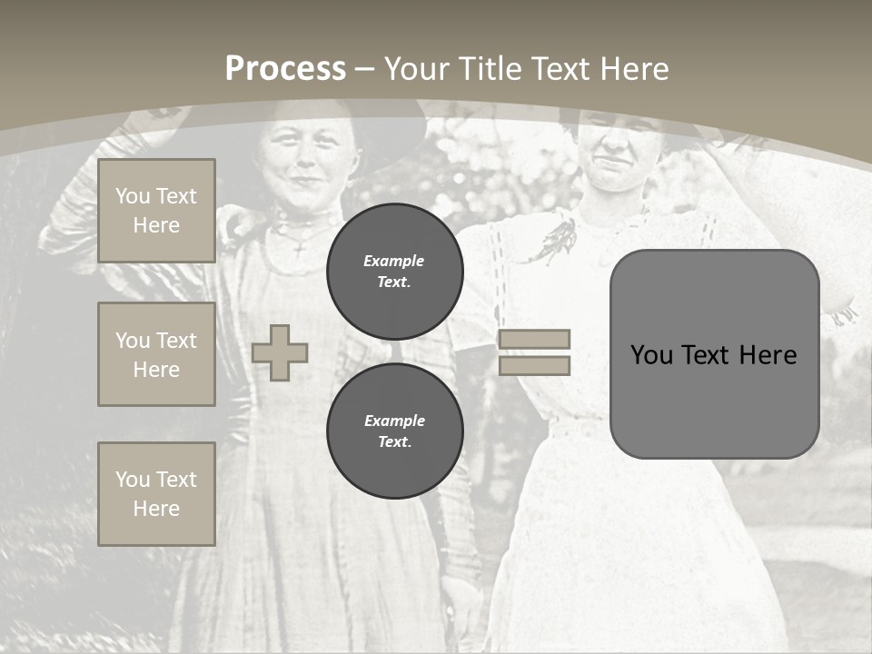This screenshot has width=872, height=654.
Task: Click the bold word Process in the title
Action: coord(285,69)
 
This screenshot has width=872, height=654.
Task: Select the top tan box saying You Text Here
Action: coord(156,211)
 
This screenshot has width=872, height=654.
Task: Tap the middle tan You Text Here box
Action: coord(156,354)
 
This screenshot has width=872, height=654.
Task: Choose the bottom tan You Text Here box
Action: coord(156,494)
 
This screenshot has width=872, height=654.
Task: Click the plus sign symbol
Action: coord(280,352)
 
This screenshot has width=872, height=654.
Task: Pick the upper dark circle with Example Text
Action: coord(394,271)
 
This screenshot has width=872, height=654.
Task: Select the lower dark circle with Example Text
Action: coord(394,431)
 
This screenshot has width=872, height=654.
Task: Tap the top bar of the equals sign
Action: coord(534,339)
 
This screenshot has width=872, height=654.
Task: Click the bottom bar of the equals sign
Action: coord(534,365)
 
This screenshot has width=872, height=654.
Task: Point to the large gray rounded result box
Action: coord(714,354)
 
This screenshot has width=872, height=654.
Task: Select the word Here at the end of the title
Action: coord(635,69)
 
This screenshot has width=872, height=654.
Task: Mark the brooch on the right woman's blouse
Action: coord(560,234)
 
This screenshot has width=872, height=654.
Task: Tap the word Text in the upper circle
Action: coord(394,282)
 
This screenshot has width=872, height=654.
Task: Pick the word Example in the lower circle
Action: coord(394,421)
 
